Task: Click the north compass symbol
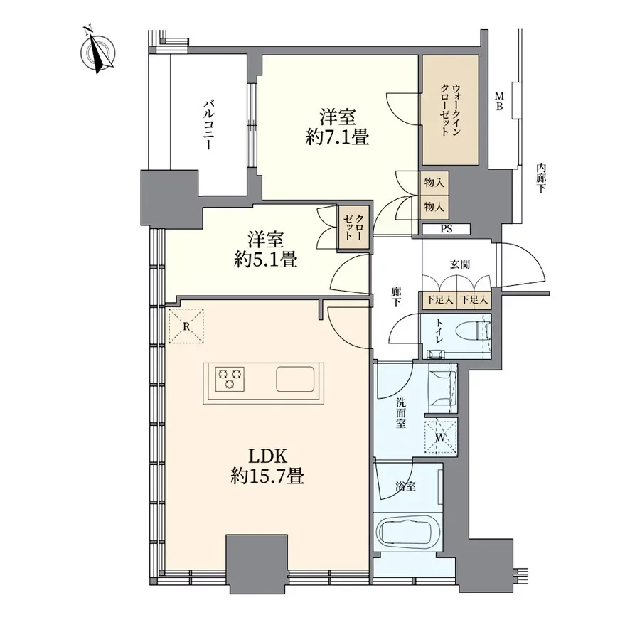pos(98,51)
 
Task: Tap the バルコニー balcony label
pos(208,124)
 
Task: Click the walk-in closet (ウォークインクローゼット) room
pos(451,110)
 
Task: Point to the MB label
pos(500,101)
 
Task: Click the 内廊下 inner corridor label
pos(540,178)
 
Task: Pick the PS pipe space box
pos(446,230)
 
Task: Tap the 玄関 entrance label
pos(460,264)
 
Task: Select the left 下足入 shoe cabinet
pos(439,300)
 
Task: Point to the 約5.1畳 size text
pos(265,260)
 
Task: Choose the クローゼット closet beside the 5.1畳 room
pos(353,228)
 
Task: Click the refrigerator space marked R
pos(186,326)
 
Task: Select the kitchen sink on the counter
pos(295,379)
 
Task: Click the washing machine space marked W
pos(441,437)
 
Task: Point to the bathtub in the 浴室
pos(407,532)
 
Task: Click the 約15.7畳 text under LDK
pos(267,476)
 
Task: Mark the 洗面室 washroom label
pos(401,413)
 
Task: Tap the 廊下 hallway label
pos(396,297)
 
